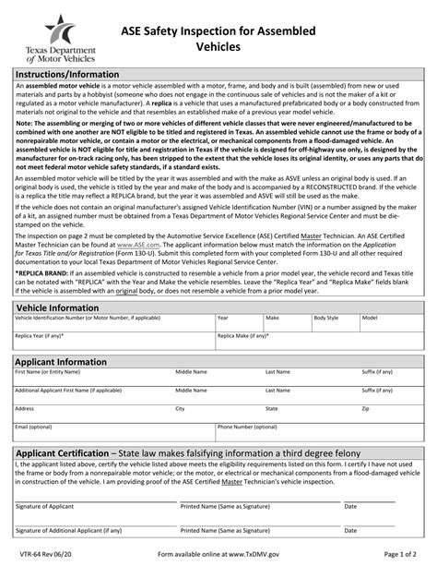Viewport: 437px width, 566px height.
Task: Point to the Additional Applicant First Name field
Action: (92, 398)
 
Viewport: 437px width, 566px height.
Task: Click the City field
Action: (218, 416)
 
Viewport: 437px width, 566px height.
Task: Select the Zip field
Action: (391, 416)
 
